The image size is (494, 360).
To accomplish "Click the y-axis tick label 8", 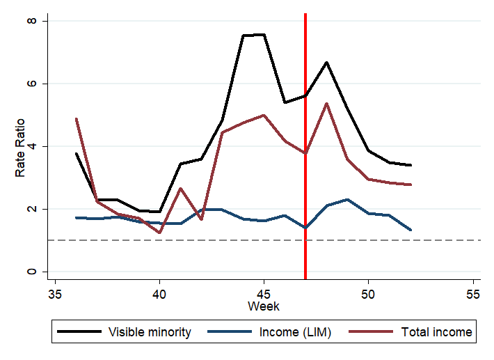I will pos(40,21).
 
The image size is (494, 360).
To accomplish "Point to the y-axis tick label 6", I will pos(40,84).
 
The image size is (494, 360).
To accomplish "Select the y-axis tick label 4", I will pos(40,146).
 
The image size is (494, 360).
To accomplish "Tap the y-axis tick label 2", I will pos(40,209).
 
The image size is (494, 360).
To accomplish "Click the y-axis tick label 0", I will pos(40,272).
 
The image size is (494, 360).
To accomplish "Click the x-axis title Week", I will pos(264,306).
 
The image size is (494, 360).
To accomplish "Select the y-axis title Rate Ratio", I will pos(22,146).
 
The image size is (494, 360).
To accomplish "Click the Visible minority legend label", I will pos(150,332).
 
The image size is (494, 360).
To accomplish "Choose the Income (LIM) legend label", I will pos(296,332).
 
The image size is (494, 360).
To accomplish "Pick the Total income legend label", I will pos(437,332).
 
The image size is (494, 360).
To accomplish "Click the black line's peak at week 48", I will pos(326,63).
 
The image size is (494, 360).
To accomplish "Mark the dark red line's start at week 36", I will pos(76,119).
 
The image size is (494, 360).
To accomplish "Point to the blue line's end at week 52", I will pos(411,230).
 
